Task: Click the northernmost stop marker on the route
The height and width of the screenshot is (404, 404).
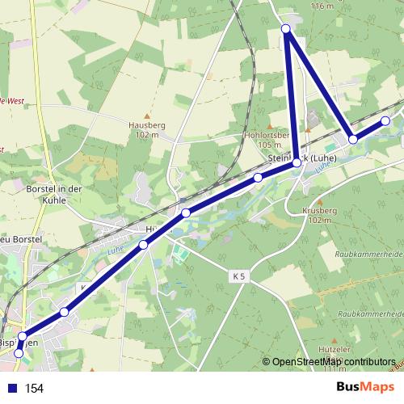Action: pyautogui.click(x=286, y=29)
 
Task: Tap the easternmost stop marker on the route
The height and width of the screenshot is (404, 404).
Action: pyautogui.click(x=385, y=120)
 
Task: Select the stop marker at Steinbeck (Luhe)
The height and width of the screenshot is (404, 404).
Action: pyautogui.click(x=297, y=162)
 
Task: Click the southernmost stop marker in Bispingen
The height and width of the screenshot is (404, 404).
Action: pyautogui.click(x=19, y=353)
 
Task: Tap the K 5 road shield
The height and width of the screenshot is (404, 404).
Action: pyautogui.click(x=238, y=276)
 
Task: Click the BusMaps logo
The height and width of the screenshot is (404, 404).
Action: pyautogui.click(x=365, y=388)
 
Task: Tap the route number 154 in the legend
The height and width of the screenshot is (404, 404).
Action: pyautogui.click(x=34, y=389)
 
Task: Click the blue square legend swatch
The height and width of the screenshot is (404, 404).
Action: pyautogui.click(x=12, y=389)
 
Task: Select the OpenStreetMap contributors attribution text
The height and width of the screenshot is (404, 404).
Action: pyautogui.click(x=334, y=362)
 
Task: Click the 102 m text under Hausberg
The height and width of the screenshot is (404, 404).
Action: pyautogui.click(x=145, y=135)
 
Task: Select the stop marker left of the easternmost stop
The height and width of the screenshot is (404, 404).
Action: pyautogui.click(x=353, y=140)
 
